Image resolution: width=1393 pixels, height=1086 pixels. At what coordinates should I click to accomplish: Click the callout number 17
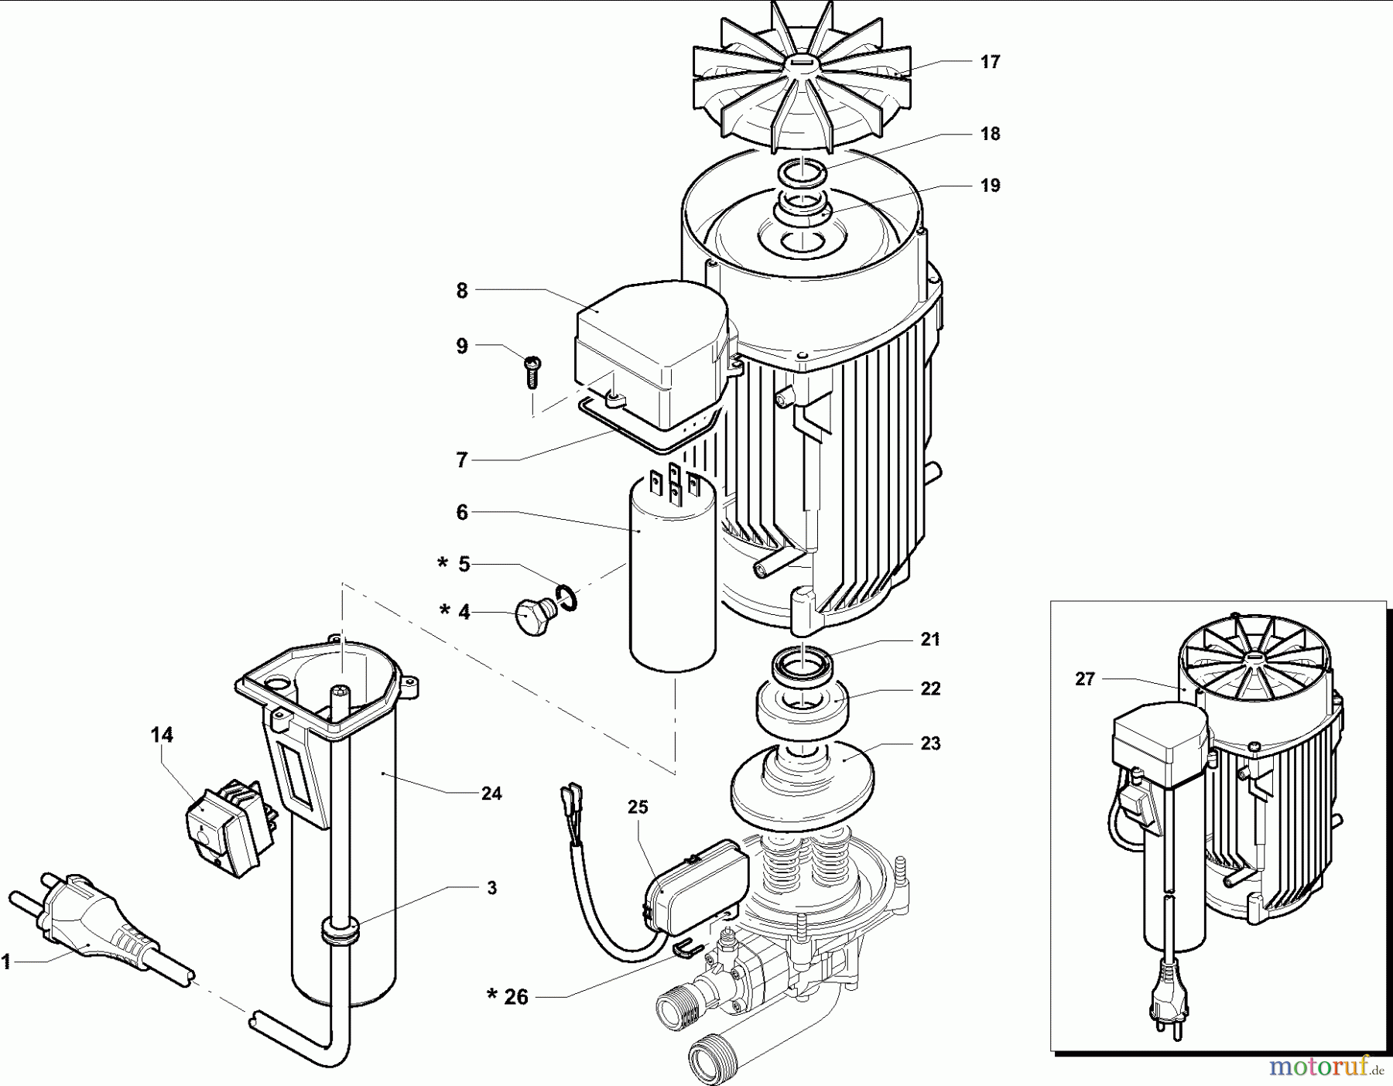click(x=990, y=62)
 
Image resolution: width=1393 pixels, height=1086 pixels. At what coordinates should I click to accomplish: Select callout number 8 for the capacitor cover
click(x=462, y=291)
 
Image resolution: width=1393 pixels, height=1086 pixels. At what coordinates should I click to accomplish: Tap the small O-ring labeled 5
click(x=567, y=597)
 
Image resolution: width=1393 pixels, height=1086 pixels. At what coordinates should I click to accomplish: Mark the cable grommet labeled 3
click(x=339, y=931)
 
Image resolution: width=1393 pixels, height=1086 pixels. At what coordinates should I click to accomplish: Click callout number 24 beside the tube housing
click(x=491, y=794)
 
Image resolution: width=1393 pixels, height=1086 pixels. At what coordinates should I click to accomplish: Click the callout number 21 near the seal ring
click(x=930, y=640)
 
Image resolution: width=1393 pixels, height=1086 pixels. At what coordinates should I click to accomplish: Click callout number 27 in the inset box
click(x=1085, y=679)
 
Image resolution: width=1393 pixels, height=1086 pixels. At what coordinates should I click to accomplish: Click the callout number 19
click(x=990, y=186)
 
